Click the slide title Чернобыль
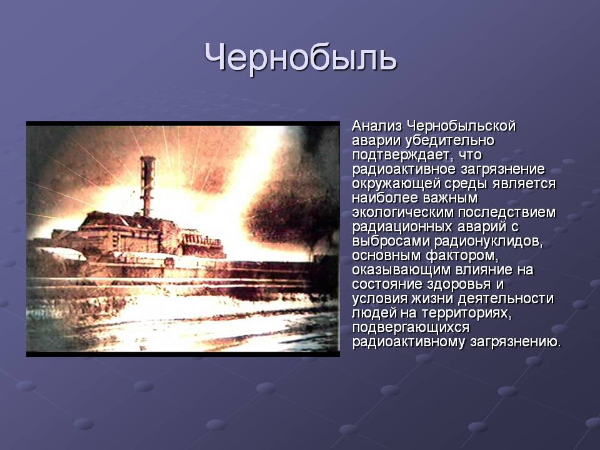[x=301, y=57]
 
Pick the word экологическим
[x=402, y=212]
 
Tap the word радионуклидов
[x=489, y=242]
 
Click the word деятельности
[x=506, y=299]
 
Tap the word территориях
[x=467, y=313]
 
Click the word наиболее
[x=386, y=198]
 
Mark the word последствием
[x=507, y=212]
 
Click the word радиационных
[x=401, y=227]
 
